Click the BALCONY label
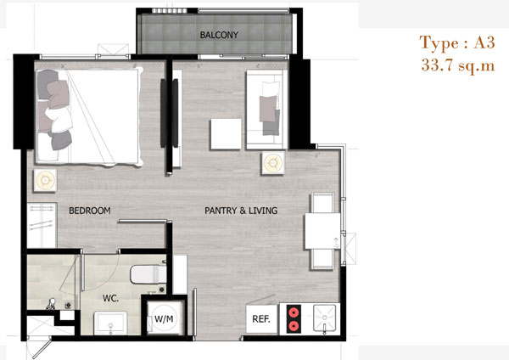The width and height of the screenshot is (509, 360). tap(219, 35)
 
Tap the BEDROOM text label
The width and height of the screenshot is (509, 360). tap(90, 211)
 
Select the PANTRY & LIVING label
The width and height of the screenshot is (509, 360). tap(241, 211)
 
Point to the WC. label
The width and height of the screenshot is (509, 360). tap(110, 298)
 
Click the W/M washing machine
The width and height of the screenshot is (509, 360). tap(164, 318)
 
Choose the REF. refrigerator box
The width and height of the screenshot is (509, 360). tap(261, 319)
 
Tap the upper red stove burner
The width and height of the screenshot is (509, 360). tap(294, 312)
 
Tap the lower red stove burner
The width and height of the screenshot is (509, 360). tap(294, 325)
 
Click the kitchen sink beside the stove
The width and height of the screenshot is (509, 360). tap(324, 318)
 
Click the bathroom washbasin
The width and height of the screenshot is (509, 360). tap(110, 323)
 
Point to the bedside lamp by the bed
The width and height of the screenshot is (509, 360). tap(45, 180)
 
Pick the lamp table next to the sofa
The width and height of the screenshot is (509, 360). tap(273, 162)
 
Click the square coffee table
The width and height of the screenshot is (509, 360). tap(226, 134)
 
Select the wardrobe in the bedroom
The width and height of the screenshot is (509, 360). tap(42, 226)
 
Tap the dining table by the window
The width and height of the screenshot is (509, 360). tap(322, 231)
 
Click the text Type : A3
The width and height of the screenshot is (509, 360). tap(457, 42)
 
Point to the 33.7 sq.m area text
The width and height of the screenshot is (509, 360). tap(458, 65)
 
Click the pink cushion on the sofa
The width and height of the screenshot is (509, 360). tap(268, 109)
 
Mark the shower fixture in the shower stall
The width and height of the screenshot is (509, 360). tap(51, 305)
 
